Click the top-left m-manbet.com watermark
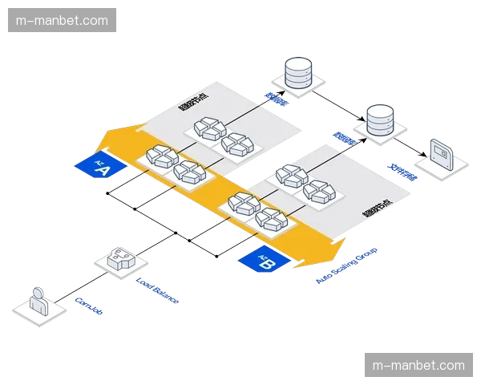(63, 18)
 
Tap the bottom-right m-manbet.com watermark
(418, 365)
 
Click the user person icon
(38, 302)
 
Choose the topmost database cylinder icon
(298, 72)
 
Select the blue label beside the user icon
(87, 304)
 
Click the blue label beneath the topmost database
(277, 99)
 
